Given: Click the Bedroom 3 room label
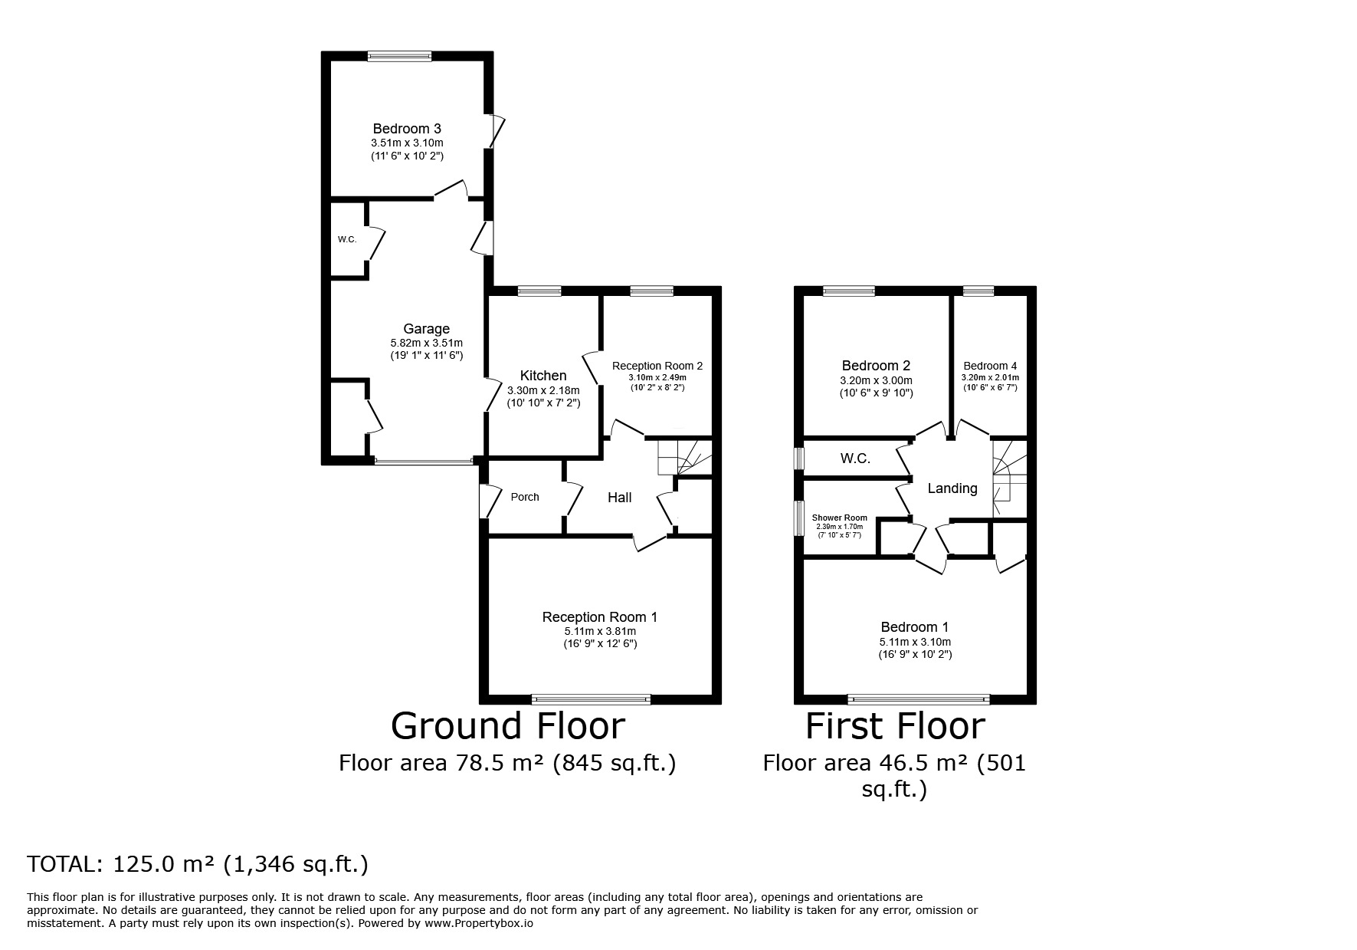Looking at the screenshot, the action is [407, 129].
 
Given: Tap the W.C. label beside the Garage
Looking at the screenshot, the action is [347, 239].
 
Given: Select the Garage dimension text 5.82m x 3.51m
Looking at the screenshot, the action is [427, 343].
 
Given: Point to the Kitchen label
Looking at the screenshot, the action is [543, 376].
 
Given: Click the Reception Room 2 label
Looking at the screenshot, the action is [657, 366].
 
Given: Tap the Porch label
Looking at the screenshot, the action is [525, 497].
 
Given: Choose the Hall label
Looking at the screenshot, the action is [619, 498].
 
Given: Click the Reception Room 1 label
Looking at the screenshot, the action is [600, 617].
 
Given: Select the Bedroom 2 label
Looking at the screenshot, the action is [876, 366].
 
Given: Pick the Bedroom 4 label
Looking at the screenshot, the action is [990, 366].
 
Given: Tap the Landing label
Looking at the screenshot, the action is [952, 488].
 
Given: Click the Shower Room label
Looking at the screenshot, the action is [840, 518].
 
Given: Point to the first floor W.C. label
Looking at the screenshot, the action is [855, 459].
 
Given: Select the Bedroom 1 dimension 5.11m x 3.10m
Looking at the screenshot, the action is [915, 642].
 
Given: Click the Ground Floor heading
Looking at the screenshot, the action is [508, 726].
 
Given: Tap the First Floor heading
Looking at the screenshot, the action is [895, 726].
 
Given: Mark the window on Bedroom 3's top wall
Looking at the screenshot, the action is [399, 55].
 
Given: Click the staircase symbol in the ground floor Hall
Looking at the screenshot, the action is [684, 458].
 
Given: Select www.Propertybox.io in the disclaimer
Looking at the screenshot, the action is [479, 924].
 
